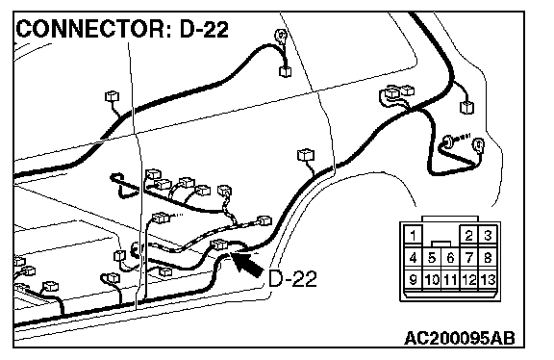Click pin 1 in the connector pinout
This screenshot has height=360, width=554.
(x=413, y=235)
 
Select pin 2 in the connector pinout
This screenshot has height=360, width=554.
(x=468, y=235)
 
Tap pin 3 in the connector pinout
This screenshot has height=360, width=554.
(x=488, y=235)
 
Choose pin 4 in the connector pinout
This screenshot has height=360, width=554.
(x=413, y=257)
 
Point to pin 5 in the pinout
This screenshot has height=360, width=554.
(x=432, y=257)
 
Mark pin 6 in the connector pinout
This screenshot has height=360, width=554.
(x=450, y=257)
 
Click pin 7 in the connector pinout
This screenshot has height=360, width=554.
(x=468, y=257)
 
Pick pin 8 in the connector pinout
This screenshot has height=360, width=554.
(x=488, y=257)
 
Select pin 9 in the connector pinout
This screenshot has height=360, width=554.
(x=413, y=280)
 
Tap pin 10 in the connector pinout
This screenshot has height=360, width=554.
(x=432, y=280)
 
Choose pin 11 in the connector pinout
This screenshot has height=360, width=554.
(x=450, y=280)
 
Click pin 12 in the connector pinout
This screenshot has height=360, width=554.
(x=468, y=280)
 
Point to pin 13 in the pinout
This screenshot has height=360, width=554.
(x=488, y=280)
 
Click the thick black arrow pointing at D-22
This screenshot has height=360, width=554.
(x=247, y=264)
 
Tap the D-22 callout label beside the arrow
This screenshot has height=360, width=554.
(x=292, y=278)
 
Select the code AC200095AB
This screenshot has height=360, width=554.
(x=460, y=338)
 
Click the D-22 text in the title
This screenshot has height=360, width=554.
(x=204, y=29)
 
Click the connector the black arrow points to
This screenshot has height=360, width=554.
(x=218, y=244)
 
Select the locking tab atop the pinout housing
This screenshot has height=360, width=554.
(x=450, y=219)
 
